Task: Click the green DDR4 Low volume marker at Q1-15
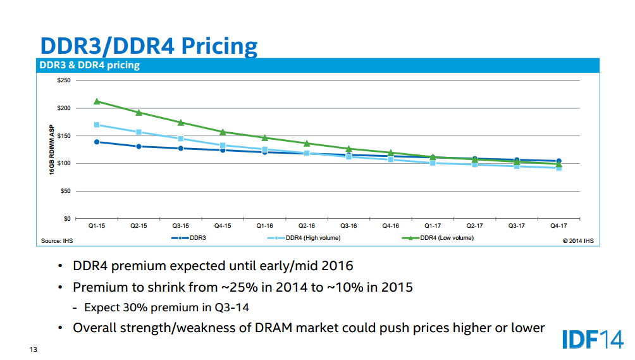[x=97, y=101]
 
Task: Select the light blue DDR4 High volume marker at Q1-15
[x=97, y=125]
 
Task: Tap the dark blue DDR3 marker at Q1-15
[x=97, y=142]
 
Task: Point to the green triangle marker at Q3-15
[x=181, y=123]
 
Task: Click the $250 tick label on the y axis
[x=63, y=81]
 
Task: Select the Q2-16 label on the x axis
[x=306, y=225]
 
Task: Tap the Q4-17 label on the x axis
[x=558, y=225]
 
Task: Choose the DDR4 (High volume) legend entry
[x=313, y=238]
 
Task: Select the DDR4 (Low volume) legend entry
[x=447, y=238]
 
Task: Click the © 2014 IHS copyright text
[x=578, y=241]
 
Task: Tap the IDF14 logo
[x=593, y=338]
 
